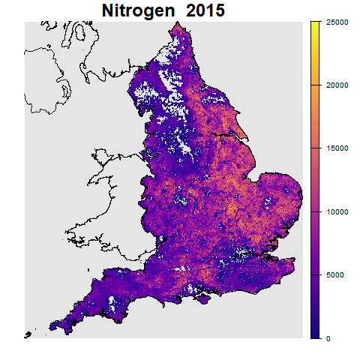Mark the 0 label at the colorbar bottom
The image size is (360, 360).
coord(330,337)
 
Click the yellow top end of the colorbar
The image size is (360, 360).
coord(315,25)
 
